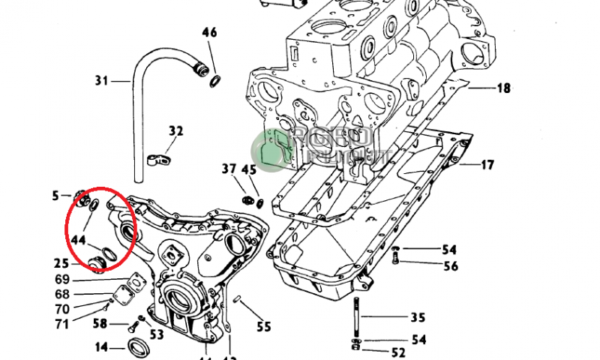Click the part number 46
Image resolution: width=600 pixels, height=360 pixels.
point(209,33)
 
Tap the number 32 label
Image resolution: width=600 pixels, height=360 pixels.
point(175,131)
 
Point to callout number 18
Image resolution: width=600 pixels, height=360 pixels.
point(502,88)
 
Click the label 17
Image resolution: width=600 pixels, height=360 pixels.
point(487,165)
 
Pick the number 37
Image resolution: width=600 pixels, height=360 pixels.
point(229,169)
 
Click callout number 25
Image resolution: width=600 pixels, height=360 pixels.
point(61,263)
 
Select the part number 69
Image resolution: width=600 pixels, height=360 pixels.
point(62,280)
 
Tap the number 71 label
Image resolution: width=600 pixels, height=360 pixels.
point(61,324)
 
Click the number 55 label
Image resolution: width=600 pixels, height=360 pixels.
point(263,327)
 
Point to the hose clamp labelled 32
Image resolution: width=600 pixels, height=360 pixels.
point(159,159)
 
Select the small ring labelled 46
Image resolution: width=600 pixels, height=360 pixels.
point(216,80)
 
